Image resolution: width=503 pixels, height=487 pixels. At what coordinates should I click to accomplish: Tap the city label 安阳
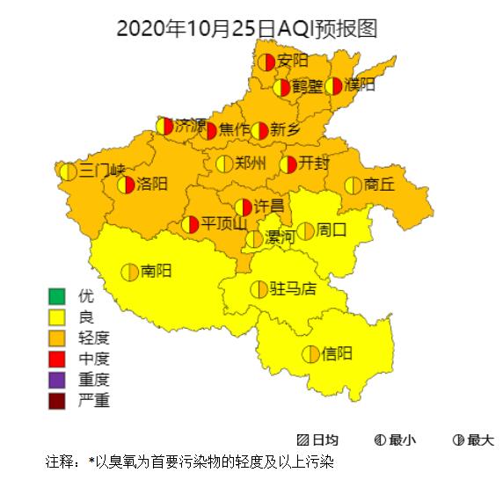pyautogui.click(x=293, y=61)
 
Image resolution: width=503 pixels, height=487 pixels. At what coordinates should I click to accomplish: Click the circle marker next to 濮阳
pyautogui.click(x=333, y=86)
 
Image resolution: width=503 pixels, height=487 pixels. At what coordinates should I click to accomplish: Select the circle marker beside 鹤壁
pyautogui.click(x=281, y=88)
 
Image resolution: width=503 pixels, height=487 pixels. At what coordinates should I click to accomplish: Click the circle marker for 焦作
pyautogui.click(x=208, y=131)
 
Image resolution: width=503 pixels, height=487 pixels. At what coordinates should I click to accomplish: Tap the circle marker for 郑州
pyautogui.click(x=224, y=164)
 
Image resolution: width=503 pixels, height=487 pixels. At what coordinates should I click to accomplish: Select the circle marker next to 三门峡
pyautogui.click(x=68, y=171)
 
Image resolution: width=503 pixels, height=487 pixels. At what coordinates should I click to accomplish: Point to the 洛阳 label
pyautogui.click(x=152, y=185)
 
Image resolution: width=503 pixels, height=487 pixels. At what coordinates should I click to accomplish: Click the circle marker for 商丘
pyautogui.click(x=353, y=185)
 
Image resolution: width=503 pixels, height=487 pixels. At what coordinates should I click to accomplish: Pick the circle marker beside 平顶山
pyautogui.click(x=190, y=224)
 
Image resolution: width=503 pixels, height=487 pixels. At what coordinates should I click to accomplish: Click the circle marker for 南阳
pyautogui.click(x=129, y=272)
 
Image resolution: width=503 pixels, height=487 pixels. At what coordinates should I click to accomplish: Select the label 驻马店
pyautogui.click(x=293, y=288)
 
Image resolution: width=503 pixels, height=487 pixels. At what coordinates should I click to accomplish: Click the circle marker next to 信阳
pyautogui.click(x=310, y=354)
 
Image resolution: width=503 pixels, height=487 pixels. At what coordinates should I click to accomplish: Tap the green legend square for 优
pyautogui.click(x=58, y=294)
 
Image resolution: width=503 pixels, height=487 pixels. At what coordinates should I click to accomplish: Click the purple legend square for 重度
pyautogui.click(x=58, y=380)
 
